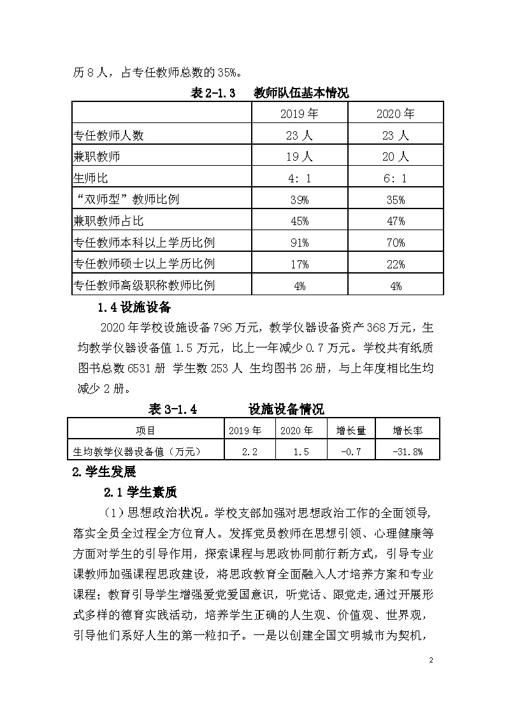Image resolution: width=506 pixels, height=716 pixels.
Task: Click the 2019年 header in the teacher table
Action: (x=300, y=113)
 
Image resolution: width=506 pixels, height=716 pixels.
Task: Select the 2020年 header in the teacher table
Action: (x=395, y=113)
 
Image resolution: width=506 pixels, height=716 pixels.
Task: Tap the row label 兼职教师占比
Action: (x=109, y=221)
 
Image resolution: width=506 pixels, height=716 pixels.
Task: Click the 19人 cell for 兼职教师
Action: (x=300, y=156)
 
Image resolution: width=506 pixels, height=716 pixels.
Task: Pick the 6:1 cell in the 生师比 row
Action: (x=395, y=179)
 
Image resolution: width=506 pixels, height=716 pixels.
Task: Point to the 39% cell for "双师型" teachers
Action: (x=300, y=200)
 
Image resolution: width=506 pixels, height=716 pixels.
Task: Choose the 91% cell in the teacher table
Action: (x=300, y=243)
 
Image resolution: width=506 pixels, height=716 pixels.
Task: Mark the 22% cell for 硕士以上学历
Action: (x=395, y=264)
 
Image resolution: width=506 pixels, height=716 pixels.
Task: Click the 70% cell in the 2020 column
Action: (x=395, y=243)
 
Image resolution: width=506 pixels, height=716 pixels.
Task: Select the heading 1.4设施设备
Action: (x=134, y=307)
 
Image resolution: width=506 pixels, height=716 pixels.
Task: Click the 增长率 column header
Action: (x=408, y=431)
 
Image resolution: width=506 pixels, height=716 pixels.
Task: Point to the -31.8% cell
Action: (x=408, y=451)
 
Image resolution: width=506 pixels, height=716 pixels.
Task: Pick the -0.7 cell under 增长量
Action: (x=351, y=451)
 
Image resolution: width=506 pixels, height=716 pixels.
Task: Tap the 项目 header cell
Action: (x=146, y=431)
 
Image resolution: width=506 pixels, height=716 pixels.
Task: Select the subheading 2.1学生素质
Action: (x=140, y=492)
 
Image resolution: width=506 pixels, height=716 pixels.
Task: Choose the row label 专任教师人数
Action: (x=109, y=135)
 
